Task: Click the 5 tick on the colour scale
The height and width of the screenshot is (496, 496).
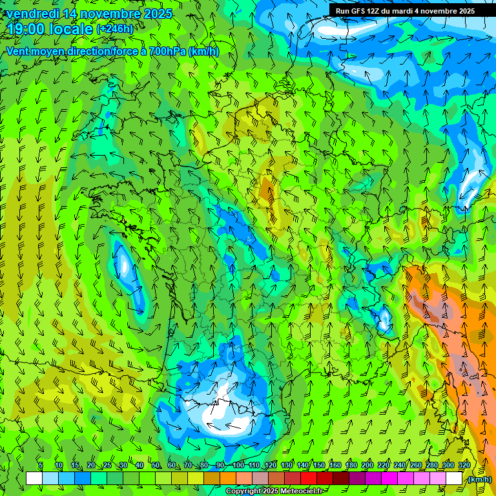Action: pyautogui.click(x=41, y=465)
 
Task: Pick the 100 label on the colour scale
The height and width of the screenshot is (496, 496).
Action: pyautogui.click(x=238, y=465)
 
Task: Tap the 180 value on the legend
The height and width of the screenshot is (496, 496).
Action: pyautogui.click(x=351, y=465)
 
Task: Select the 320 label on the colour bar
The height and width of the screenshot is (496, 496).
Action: pyautogui.click(x=464, y=465)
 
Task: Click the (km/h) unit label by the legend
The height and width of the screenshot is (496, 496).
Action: pyautogui.click(x=479, y=479)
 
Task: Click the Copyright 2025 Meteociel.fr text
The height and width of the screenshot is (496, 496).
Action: pyautogui.click(x=274, y=491)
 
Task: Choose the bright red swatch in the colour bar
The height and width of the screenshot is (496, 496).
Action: pyautogui.click(x=309, y=479)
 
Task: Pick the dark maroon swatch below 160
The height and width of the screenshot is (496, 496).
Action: pyautogui.click(x=341, y=479)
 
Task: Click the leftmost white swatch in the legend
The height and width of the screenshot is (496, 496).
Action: pyautogui.click(x=34, y=479)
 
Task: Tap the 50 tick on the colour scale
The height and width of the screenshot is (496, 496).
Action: pyautogui.click(x=155, y=465)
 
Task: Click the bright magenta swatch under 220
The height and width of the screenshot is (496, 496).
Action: pyautogui.click(x=389, y=479)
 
